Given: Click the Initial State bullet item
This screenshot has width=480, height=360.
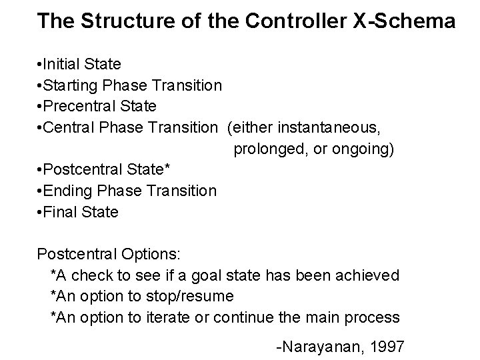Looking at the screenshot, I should click(x=79, y=65).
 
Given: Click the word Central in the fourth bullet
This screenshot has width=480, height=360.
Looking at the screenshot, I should click(x=69, y=127).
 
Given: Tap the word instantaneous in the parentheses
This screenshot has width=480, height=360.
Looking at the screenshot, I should click(x=323, y=127).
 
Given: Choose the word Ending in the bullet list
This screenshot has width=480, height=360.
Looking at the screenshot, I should click(x=68, y=191).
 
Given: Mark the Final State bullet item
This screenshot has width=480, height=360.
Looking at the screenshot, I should click(x=79, y=212).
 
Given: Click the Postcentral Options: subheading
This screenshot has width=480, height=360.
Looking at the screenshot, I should click(x=113, y=254).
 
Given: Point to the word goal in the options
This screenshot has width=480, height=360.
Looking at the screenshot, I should click(x=225, y=275).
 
